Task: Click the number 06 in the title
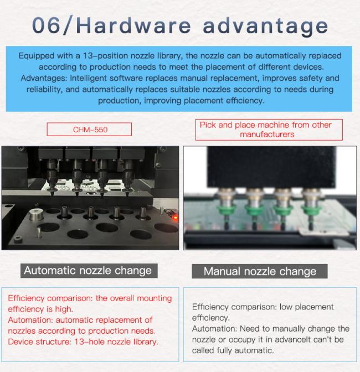46,25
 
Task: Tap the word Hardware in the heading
134,25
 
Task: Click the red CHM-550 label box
89,130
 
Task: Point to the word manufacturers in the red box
267,135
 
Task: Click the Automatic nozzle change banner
89,271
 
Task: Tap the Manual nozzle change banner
260,271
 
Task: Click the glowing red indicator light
176,217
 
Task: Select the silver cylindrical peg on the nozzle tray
36,215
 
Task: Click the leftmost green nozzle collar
226,209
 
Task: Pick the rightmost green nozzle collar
311,209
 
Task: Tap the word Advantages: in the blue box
44,78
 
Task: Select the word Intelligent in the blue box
88,78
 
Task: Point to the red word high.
64,309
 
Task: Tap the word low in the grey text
286,307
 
